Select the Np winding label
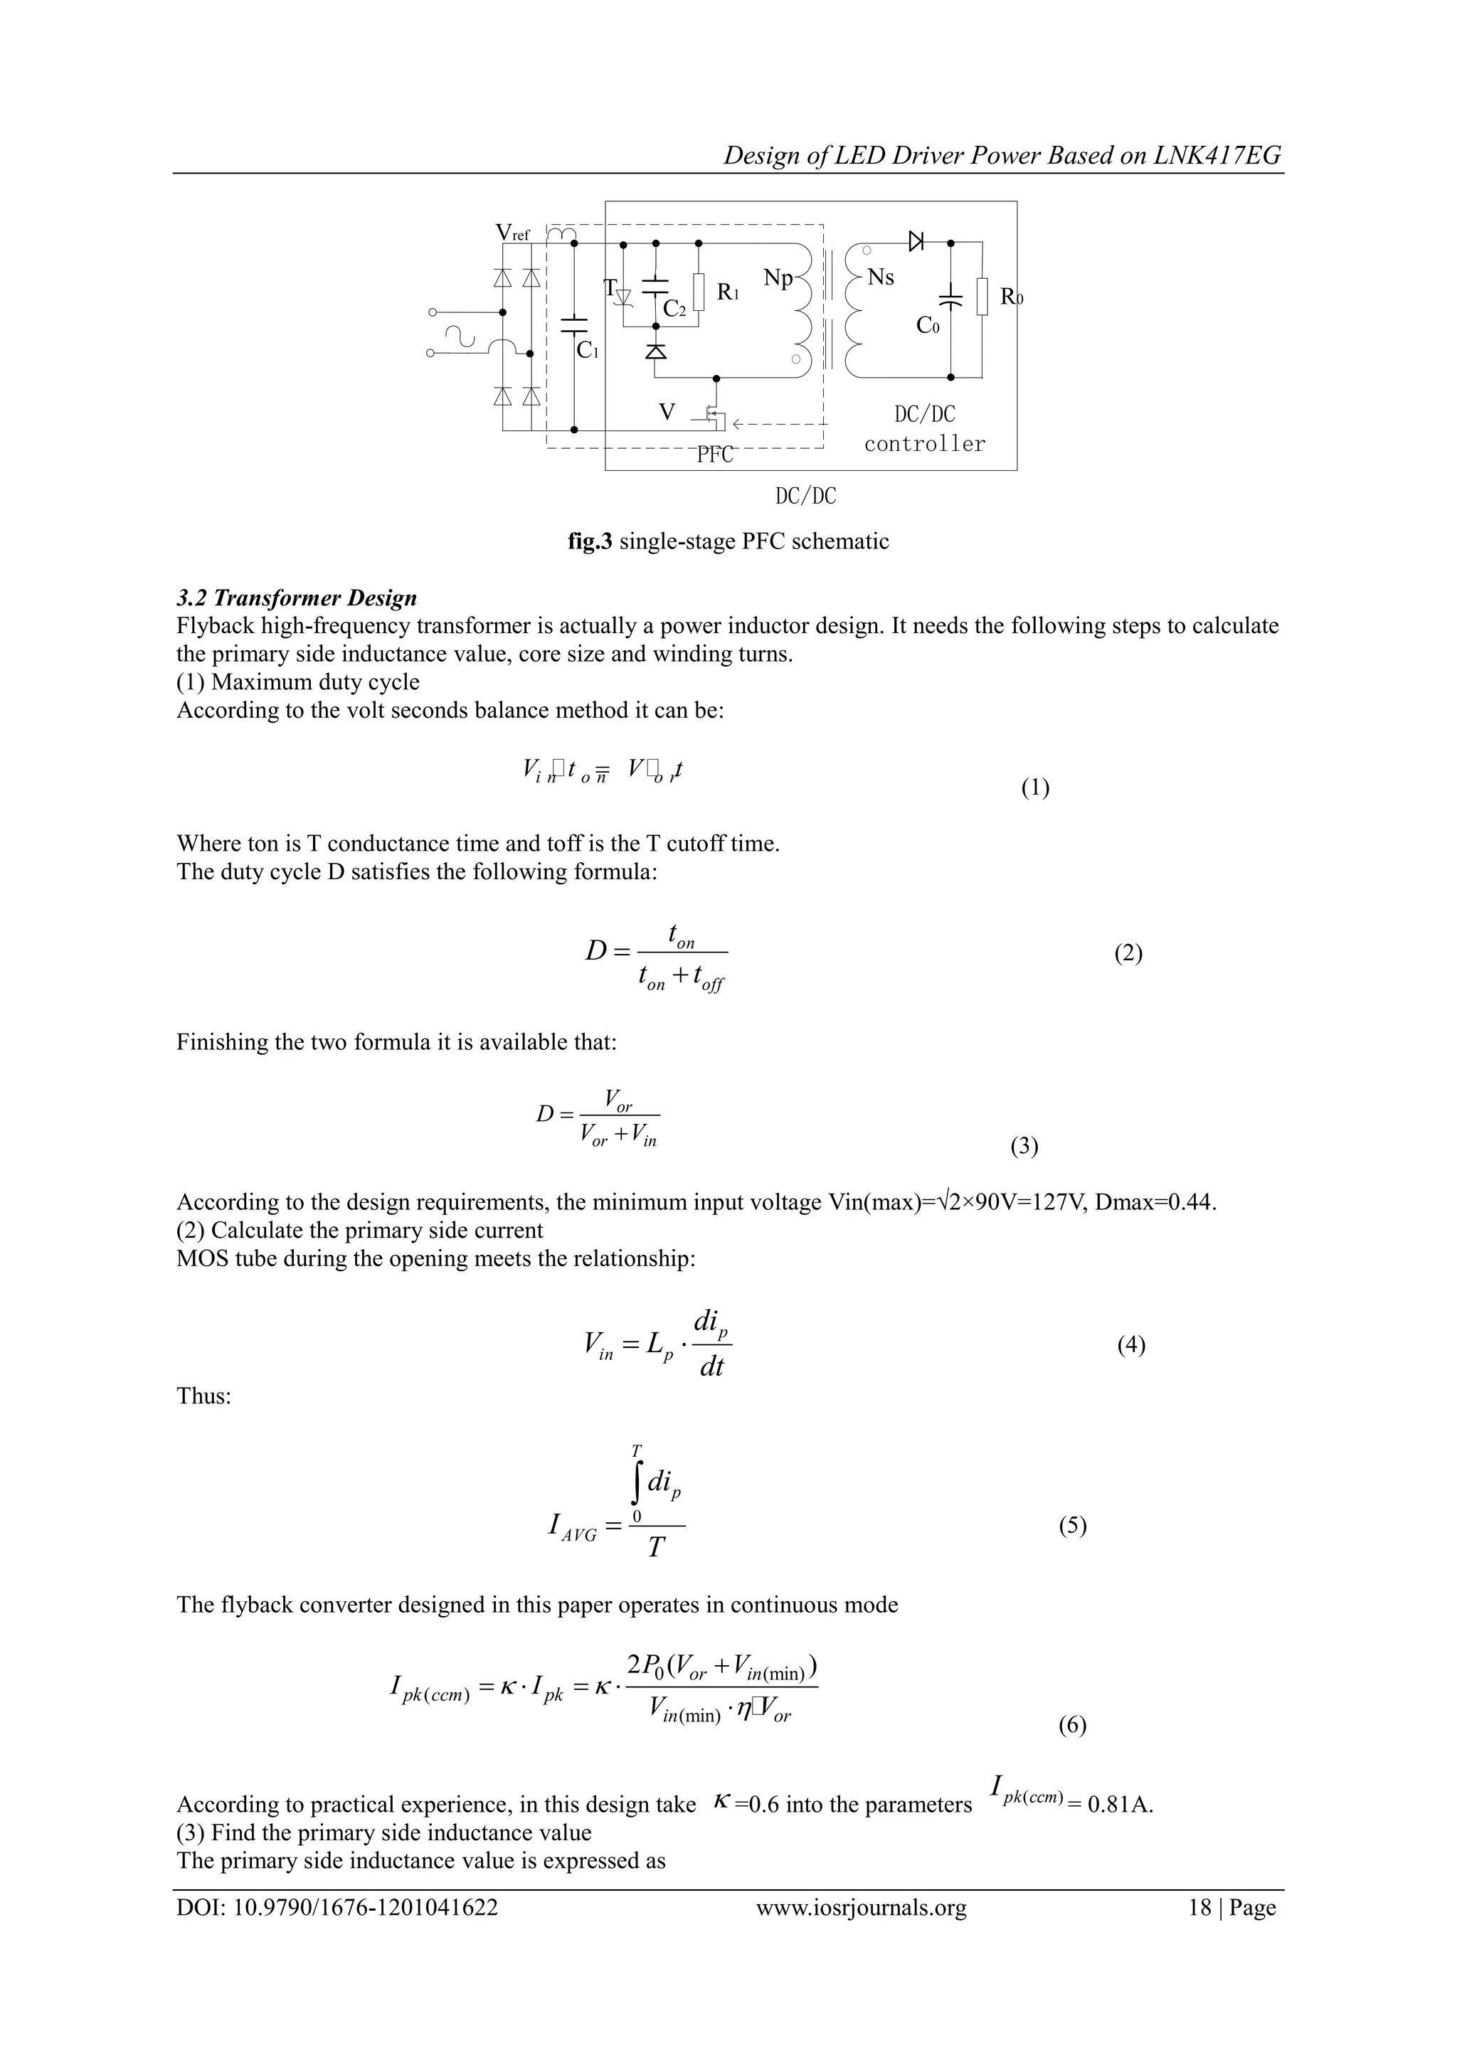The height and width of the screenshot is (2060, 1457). pyautogui.click(x=778, y=278)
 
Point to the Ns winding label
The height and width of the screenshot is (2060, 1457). pyautogui.click(x=880, y=277)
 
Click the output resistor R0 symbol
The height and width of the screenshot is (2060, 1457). pyautogui.click(x=982, y=296)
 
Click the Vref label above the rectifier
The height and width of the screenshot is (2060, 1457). pyautogui.click(x=512, y=233)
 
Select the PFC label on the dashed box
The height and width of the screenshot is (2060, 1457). pyautogui.click(x=715, y=455)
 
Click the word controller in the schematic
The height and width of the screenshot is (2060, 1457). pyautogui.click(x=924, y=444)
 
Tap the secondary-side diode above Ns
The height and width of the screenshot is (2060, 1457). pyautogui.click(x=916, y=241)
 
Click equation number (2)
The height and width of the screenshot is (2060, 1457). pyautogui.click(x=1128, y=953)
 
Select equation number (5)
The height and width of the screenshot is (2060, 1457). pyautogui.click(x=1072, y=1525)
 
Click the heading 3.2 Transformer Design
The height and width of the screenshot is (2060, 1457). pyautogui.click(x=297, y=598)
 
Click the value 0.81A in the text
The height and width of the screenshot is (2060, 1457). pyautogui.click(x=1119, y=1805)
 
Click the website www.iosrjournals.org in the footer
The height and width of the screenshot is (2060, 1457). pyautogui.click(x=862, y=1932)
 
